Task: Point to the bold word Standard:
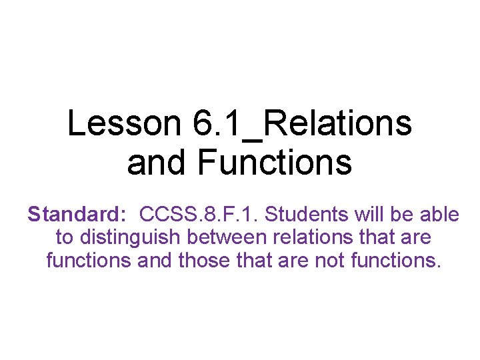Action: click(77, 215)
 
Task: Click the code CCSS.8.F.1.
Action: click(203, 215)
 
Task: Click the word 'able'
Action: click(439, 215)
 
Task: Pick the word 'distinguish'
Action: click(127, 237)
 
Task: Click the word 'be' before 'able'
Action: click(405, 215)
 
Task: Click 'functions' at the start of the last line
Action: click(89, 260)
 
